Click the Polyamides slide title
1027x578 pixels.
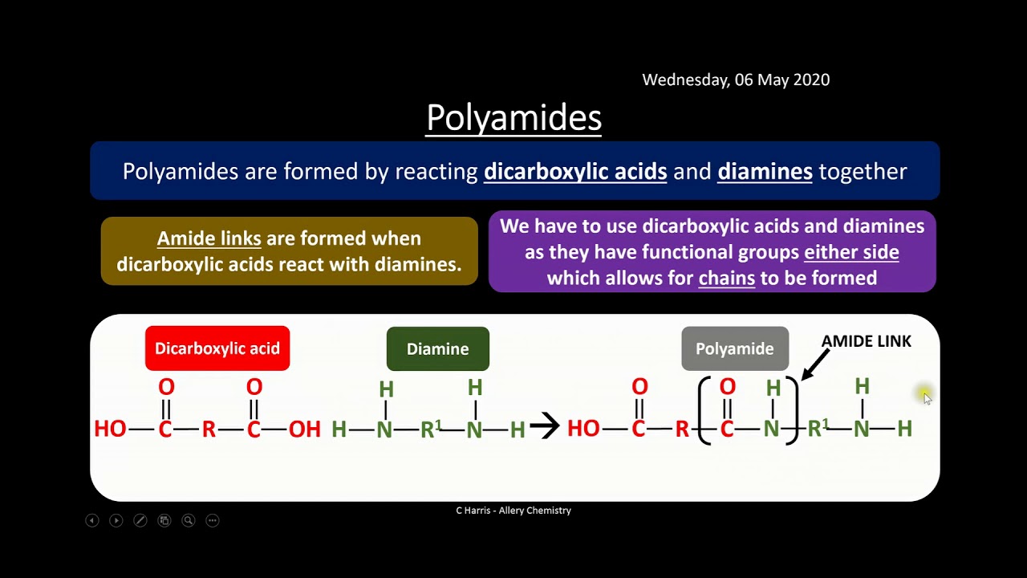(513, 118)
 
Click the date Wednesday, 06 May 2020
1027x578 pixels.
(736, 79)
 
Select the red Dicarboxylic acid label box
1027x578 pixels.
(217, 348)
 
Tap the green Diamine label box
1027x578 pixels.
(437, 348)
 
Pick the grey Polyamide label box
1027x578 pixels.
(734, 348)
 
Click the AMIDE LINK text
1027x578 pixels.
(866, 341)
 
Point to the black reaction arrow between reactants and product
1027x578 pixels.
(545, 426)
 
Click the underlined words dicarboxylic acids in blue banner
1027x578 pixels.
(575, 171)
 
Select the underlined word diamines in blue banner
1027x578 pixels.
(765, 171)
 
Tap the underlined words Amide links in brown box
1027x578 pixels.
(209, 238)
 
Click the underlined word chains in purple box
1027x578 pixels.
(727, 278)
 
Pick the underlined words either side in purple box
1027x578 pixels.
(851, 252)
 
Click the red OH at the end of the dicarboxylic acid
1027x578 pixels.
(304, 429)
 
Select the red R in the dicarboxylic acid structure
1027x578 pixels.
(209, 429)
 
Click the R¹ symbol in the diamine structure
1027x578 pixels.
(431, 429)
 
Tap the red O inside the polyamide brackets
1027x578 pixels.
(727, 387)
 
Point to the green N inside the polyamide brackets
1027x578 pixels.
(771, 429)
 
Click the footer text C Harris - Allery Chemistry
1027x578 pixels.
(513, 511)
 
